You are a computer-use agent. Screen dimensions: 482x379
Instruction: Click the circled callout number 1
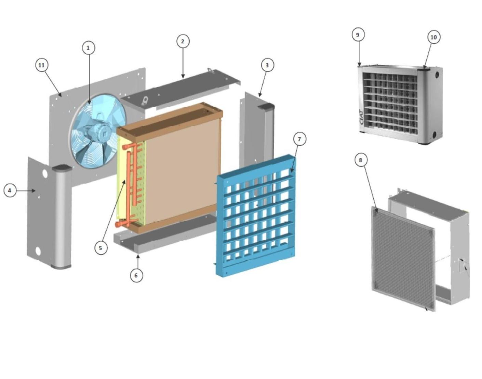pyautogui.click(x=89, y=48)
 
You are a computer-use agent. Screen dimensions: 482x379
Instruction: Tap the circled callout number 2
pyautogui.click(x=183, y=41)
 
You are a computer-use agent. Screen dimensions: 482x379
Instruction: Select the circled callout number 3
pyautogui.click(x=267, y=65)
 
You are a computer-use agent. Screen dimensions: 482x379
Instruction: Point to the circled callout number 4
pyautogui.click(x=10, y=191)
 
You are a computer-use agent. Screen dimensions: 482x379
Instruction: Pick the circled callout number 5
pyautogui.click(x=101, y=248)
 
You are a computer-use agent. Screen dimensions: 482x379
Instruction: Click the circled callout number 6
pyautogui.click(x=136, y=276)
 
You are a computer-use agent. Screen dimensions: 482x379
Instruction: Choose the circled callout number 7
pyautogui.click(x=300, y=139)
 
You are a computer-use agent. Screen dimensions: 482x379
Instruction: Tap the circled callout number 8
pyautogui.click(x=360, y=160)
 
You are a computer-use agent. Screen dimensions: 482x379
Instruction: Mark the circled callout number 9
pyautogui.click(x=358, y=35)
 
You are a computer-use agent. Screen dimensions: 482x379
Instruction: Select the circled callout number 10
pyautogui.click(x=434, y=37)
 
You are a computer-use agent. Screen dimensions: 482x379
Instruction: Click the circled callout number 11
pyautogui.click(x=42, y=65)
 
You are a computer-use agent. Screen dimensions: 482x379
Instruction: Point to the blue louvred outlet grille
pyautogui.click(x=256, y=216)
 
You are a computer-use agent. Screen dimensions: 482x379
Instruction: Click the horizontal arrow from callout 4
pyautogui.click(x=26, y=191)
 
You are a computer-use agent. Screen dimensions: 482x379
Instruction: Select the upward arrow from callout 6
pyautogui.click(x=138, y=262)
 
